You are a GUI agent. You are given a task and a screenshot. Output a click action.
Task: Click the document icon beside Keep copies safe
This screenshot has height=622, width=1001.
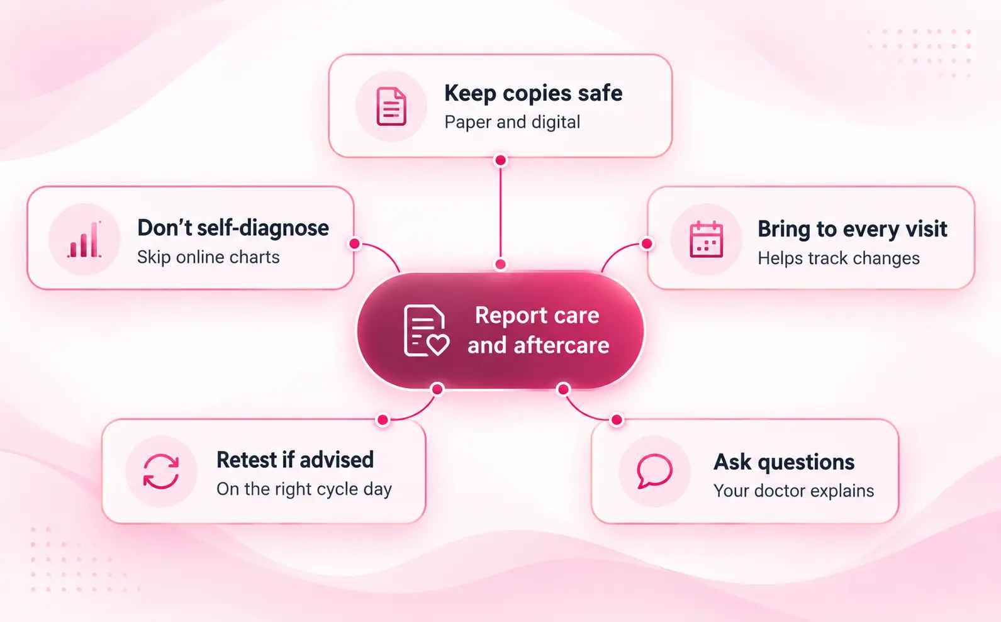pos(391,106)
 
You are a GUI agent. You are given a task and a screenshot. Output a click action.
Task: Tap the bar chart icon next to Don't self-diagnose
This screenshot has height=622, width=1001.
pos(84,240)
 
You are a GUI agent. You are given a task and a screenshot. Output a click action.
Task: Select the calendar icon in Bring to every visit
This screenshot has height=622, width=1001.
pos(706,239)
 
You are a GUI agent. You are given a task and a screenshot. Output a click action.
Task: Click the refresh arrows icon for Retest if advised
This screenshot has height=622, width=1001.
pos(161,472)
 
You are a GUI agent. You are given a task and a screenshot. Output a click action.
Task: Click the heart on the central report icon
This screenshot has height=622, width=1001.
pos(437,345)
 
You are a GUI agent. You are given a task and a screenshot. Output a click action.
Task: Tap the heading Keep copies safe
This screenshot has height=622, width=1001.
pos(533,93)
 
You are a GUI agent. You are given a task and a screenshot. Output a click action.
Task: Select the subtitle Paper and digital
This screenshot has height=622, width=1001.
pos(512,122)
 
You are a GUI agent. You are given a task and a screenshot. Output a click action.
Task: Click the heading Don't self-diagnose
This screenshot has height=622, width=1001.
pos(233,228)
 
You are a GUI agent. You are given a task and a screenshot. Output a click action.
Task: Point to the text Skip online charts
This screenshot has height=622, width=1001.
pos(208,257)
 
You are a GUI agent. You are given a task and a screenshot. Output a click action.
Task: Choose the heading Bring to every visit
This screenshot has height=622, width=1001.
pos(852,229)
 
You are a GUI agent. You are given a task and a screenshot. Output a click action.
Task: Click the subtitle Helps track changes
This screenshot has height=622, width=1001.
pos(839,258)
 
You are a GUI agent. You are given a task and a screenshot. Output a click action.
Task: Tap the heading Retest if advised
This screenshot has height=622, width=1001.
pos(295,460)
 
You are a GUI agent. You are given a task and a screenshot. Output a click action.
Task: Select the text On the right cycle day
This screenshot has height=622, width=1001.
pos(304,489)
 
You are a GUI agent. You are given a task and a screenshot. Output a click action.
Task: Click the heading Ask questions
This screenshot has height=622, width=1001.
pos(784,462)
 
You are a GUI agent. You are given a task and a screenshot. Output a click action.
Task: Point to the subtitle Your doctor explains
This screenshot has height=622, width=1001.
pos(793,491)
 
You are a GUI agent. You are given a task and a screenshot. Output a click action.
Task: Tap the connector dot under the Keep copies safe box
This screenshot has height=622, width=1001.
pos(501,160)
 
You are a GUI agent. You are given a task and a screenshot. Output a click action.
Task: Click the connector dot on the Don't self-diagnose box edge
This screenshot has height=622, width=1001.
pos(355,243)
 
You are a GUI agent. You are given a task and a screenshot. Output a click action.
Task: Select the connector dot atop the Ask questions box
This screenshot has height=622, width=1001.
pos(617,420)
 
